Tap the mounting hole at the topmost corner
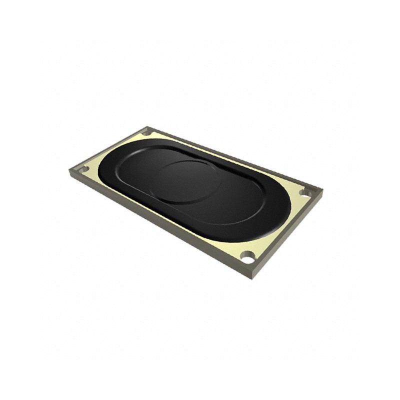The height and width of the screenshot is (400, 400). click(x=146, y=133)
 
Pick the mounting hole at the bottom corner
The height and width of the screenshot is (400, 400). click(x=247, y=257)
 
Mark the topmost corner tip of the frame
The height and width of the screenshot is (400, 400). click(x=148, y=126)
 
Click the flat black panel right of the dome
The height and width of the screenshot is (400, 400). click(x=235, y=200)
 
